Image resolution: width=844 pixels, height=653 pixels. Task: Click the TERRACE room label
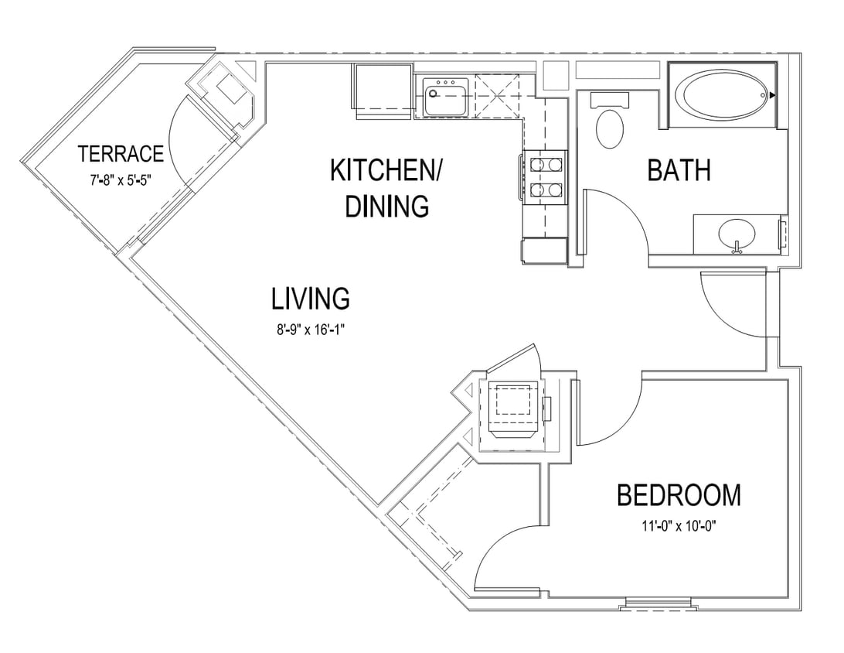[121, 154]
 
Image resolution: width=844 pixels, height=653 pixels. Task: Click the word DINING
[386, 207]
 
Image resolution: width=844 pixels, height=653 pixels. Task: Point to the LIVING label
[311, 298]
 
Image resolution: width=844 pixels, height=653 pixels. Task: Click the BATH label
[679, 170]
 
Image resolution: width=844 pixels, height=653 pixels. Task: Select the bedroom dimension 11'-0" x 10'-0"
[678, 526]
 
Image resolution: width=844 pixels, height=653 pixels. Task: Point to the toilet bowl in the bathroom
[611, 128]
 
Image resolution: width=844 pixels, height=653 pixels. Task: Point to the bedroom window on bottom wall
[656, 603]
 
